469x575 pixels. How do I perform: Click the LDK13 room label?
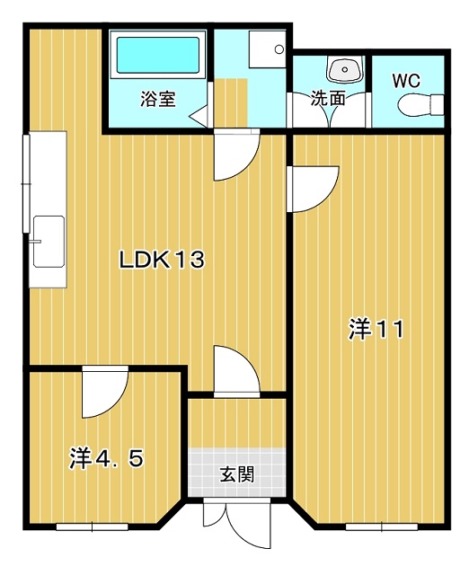point(162,260)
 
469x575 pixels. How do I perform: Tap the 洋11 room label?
point(376,329)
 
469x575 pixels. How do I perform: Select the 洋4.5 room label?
point(106,458)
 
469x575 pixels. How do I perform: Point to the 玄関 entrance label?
point(237,474)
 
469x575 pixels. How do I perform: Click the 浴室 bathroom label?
point(158,99)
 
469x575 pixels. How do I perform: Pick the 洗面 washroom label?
point(328,98)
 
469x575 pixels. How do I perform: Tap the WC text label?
point(406,81)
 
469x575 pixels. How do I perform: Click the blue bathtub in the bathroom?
point(158,56)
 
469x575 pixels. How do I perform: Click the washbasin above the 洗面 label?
point(344,69)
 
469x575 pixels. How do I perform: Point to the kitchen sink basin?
point(49,242)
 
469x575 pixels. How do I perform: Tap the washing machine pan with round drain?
point(268,49)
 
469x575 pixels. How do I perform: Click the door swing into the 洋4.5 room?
point(105,392)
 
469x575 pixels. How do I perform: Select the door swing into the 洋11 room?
point(313,190)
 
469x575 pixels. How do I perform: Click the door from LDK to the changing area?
point(237,155)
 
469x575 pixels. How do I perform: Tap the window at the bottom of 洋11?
point(382,527)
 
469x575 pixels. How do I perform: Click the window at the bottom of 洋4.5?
point(92,527)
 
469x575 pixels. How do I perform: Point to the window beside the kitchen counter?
point(26,183)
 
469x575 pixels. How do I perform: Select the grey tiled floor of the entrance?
point(237,473)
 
